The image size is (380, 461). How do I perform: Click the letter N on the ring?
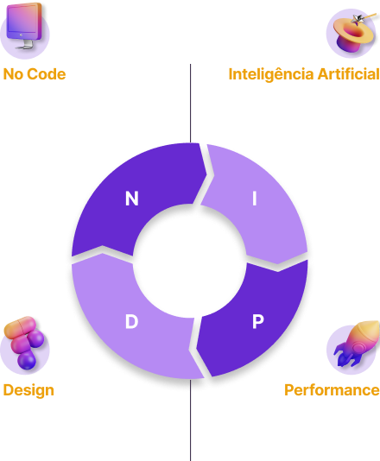click(x=132, y=199)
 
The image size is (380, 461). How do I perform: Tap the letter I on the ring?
click(x=255, y=199)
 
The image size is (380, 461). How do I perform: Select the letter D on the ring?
click(x=131, y=321)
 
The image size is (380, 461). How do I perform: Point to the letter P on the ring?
click(x=258, y=321)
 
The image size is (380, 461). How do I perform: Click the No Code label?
click(x=35, y=74)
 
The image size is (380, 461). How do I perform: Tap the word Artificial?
click(x=349, y=73)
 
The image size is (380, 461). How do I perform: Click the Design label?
click(x=28, y=391)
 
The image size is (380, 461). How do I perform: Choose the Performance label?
click(x=332, y=390)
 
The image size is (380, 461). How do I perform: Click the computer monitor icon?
click(x=25, y=26)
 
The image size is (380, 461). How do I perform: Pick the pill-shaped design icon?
click(x=24, y=343)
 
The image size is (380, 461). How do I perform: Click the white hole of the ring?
click(x=190, y=261)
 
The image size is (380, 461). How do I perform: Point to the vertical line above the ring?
click(x=190, y=104)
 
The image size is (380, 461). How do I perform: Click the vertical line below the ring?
click(x=190, y=420)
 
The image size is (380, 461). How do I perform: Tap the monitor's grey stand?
click(x=26, y=45)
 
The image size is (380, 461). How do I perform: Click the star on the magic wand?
click(x=358, y=19)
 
